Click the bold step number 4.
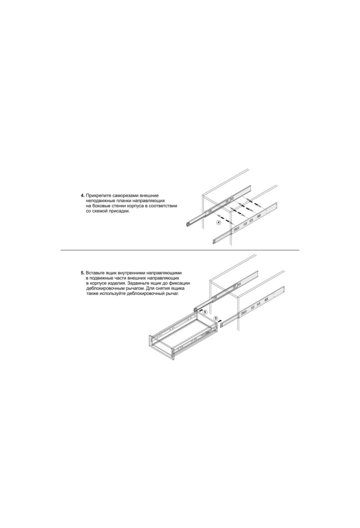(82, 196)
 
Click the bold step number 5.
(82, 273)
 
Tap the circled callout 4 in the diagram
(219, 222)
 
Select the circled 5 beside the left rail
(205, 312)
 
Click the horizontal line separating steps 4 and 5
(180, 250)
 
